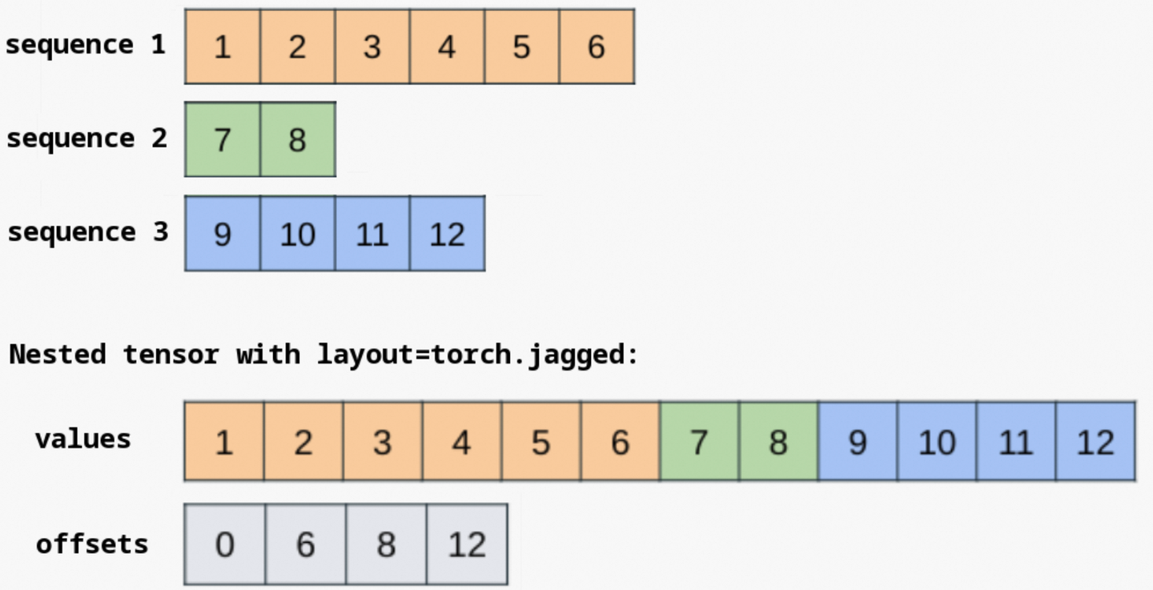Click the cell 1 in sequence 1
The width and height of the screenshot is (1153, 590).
(223, 46)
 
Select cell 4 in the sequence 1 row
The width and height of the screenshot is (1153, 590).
(447, 46)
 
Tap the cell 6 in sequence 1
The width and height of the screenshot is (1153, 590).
(597, 46)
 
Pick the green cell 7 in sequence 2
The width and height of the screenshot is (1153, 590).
(223, 139)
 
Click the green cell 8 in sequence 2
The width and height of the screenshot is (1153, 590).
(298, 139)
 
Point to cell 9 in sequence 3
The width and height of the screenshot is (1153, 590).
(223, 233)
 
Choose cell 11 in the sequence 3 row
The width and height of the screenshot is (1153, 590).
(372, 233)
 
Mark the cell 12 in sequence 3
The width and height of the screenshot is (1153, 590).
(448, 233)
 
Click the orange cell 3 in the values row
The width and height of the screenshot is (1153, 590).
(383, 441)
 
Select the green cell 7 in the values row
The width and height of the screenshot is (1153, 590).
(699, 441)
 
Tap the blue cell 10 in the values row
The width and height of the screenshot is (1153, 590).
(937, 441)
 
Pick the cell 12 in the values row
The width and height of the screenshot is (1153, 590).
(1095, 441)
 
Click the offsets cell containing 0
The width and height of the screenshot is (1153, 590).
(224, 544)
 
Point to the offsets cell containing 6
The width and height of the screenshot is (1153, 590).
(306, 544)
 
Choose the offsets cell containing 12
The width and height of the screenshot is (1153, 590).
(468, 544)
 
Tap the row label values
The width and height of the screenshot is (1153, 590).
(83, 439)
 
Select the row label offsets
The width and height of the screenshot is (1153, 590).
(92, 544)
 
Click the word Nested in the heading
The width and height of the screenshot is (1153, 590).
(58, 354)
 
